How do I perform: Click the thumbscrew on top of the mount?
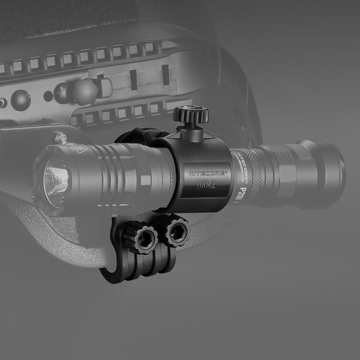coord(191,115)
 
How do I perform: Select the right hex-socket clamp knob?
coord(176,231)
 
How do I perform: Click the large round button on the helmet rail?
coord(21,98)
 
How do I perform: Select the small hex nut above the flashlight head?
coord(61,137)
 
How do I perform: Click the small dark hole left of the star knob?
coord(47,96)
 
